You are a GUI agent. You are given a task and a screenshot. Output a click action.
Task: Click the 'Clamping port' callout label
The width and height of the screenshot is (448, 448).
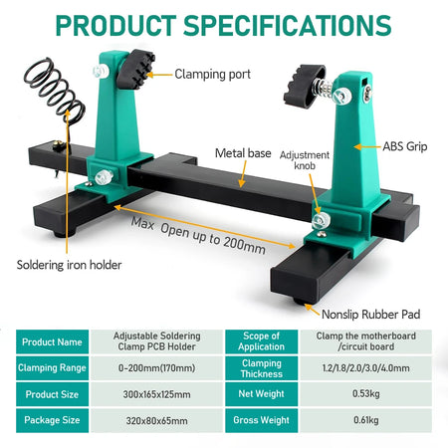pyautogui.click(x=212, y=75)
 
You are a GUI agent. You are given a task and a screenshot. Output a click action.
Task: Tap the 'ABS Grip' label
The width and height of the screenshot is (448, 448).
pyautogui.click(x=405, y=146)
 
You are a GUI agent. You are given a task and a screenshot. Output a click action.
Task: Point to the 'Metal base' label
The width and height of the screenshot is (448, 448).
pyautogui.click(x=243, y=153)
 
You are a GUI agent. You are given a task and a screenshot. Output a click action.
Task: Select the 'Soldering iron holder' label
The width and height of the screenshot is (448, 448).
pyautogui.click(x=69, y=265)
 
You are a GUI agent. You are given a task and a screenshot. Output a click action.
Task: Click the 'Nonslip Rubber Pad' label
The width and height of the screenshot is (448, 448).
pyautogui.click(x=371, y=315)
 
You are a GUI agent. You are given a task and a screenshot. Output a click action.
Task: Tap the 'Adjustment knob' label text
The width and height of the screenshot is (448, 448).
pyautogui.click(x=305, y=160)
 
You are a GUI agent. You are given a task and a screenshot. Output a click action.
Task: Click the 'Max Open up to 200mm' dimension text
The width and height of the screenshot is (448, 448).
pyautogui.click(x=198, y=236)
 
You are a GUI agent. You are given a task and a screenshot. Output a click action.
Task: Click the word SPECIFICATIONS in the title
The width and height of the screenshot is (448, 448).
pyautogui.click(x=288, y=25)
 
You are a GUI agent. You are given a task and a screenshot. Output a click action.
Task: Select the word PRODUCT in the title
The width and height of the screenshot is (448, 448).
pyautogui.click(x=115, y=25)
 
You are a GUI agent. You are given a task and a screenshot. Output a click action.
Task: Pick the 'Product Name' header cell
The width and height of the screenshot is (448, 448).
pyautogui.click(x=52, y=341)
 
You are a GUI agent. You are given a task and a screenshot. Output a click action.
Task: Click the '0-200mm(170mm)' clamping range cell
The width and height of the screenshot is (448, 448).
pyautogui.click(x=156, y=368)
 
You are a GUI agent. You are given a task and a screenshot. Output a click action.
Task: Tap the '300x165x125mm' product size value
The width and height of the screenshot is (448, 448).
pyautogui.click(x=156, y=394)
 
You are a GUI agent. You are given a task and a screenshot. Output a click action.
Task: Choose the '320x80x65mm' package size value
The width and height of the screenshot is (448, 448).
pyautogui.click(x=156, y=421)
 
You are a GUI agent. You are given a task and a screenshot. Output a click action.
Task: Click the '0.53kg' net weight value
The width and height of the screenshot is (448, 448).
pyautogui.click(x=366, y=394)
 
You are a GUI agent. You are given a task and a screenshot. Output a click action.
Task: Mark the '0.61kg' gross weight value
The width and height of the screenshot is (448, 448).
pyautogui.click(x=366, y=420)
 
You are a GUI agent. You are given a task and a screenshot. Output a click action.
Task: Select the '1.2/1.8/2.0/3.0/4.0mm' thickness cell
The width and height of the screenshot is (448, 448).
pyautogui.click(x=366, y=368)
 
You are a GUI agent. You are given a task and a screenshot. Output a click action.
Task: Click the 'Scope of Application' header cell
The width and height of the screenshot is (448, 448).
pyautogui.click(x=262, y=341)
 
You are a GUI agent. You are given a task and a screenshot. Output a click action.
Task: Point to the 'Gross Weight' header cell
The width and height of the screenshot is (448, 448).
pyautogui.click(x=262, y=420)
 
